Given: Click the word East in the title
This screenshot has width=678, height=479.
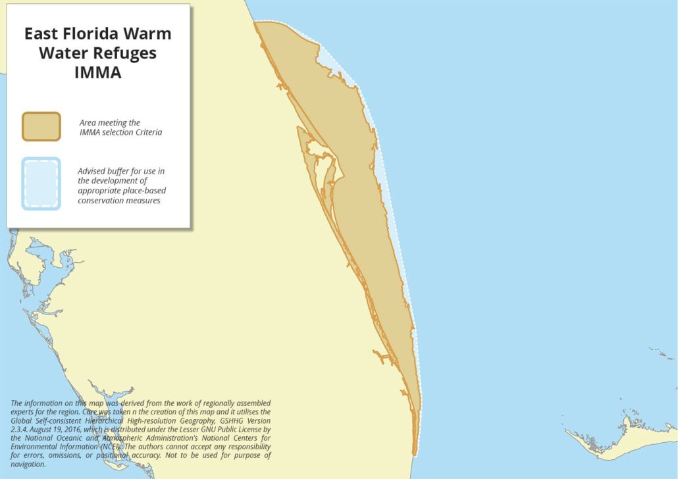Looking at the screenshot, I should coord(44,34).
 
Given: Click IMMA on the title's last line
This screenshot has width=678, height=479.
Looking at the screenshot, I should coord(98,72).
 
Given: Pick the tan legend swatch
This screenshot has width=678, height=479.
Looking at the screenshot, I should coord(41,126).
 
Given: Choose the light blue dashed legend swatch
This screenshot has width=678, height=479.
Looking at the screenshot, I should coord(41,183).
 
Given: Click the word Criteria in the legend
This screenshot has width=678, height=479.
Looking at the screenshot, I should coord(148,132).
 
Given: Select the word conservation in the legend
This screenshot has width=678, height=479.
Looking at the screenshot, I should coord(101,200).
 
